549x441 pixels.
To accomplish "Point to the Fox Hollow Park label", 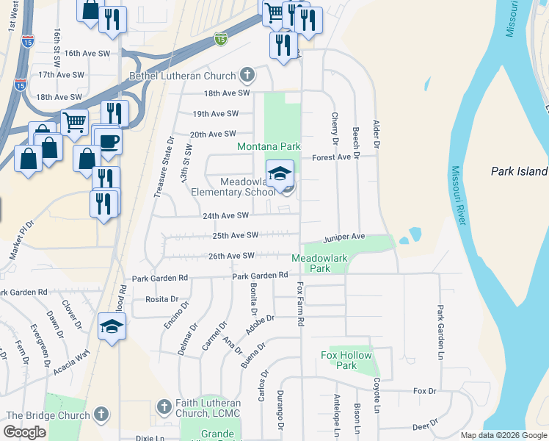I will pyautogui.click(x=346, y=360).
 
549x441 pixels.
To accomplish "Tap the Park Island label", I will pyautogui.click(x=519, y=172).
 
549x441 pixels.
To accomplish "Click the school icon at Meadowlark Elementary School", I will pyautogui.click(x=279, y=174).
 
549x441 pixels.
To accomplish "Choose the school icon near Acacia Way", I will pyautogui.click(x=112, y=326).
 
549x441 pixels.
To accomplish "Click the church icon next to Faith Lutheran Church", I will pyautogui.click(x=164, y=406).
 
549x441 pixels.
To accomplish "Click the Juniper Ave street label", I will pyautogui.click(x=344, y=237).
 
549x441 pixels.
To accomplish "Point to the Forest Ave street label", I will pyautogui.click(x=331, y=157).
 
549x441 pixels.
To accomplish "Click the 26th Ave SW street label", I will pyautogui.click(x=231, y=256).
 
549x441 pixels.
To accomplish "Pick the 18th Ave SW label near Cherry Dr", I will pyautogui.click(x=227, y=93).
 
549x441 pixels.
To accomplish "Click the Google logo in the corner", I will pyautogui.click(x=24, y=432).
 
